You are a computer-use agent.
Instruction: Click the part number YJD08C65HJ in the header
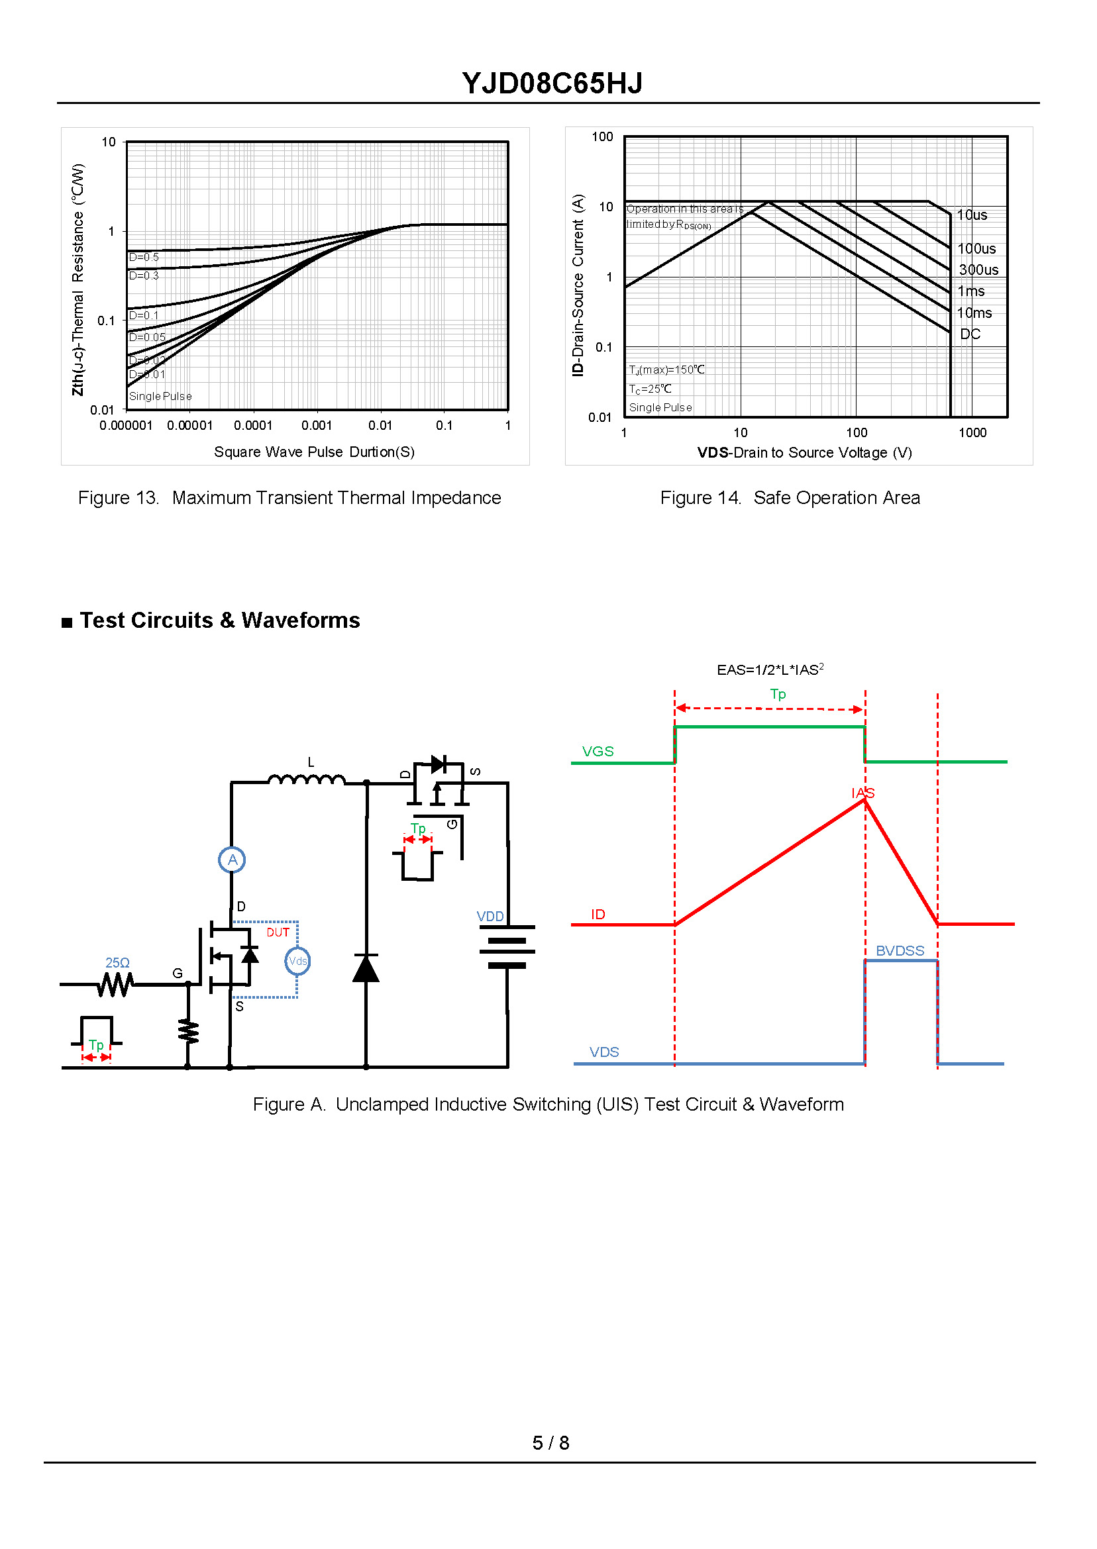click(x=552, y=83)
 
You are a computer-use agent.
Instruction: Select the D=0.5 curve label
click(x=144, y=257)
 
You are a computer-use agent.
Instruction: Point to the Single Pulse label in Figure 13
click(x=160, y=397)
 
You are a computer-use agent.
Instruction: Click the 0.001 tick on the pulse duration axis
click(x=316, y=425)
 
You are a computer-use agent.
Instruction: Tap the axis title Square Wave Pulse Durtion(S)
click(x=314, y=452)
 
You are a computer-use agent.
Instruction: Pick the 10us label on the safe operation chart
click(x=972, y=215)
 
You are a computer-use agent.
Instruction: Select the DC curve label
click(x=970, y=334)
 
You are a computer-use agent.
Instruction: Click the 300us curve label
click(x=978, y=270)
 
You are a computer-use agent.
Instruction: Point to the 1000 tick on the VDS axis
click(x=972, y=433)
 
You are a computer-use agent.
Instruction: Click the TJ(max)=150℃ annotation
click(x=666, y=370)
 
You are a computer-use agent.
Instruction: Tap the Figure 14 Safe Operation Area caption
click(x=790, y=497)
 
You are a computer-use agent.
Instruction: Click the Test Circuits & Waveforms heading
click(x=219, y=620)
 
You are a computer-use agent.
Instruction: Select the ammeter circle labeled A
click(x=232, y=860)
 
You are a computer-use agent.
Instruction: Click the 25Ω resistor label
click(x=117, y=962)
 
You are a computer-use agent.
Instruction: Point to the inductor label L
click(x=311, y=762)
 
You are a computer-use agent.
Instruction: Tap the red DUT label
click(x=278, y=932)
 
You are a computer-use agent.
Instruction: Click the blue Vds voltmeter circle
click(x=297, y=961)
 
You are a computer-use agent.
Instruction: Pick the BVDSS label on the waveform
click(x=900, y=951)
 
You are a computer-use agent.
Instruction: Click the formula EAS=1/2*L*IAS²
click(x=770, y=670)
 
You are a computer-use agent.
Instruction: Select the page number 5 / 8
click(x=550, y=1443)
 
